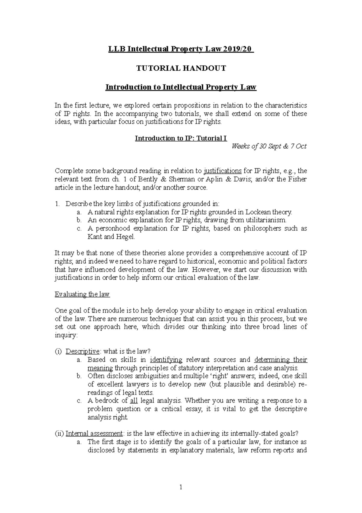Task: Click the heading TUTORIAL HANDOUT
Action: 181,68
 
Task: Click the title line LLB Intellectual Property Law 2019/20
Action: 181,49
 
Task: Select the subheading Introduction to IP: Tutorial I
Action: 181,138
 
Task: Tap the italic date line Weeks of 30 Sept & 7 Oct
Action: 269,146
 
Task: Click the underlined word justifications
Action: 223,171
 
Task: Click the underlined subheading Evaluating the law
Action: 82,294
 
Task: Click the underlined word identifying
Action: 166,360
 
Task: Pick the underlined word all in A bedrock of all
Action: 134,401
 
